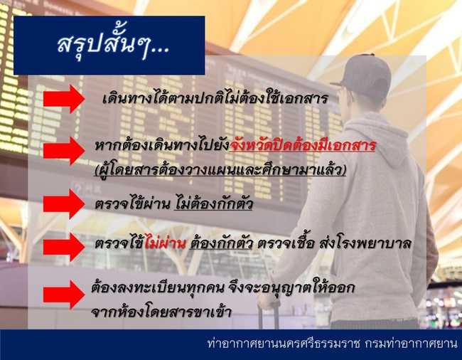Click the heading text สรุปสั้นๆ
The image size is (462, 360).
coord(113,43)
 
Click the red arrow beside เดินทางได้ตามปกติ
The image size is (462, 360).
coord(64,99)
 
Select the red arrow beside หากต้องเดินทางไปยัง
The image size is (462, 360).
coord(64,151)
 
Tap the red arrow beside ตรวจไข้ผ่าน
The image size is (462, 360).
coord(64,204)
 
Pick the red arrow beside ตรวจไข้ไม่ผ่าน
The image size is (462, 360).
coord(64,247)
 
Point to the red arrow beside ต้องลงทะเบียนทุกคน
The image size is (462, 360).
coord(64,295)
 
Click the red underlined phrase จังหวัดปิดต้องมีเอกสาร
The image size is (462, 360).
coord(303,145)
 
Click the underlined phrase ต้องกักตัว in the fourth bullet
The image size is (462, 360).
coord(221,243)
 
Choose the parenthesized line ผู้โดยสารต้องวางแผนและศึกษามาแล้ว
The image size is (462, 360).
coord(220,170)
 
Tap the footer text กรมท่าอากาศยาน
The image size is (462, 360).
coord(411,344)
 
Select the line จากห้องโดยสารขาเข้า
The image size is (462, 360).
coord(161,312)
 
